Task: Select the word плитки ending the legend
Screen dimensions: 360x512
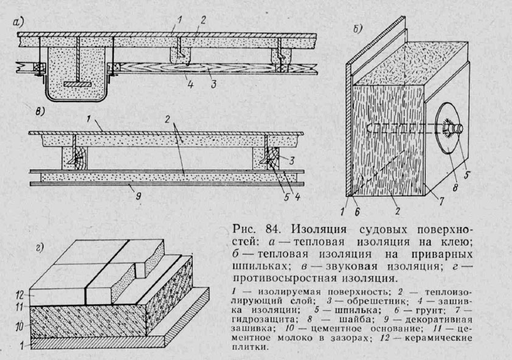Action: [x=249, y=348]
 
